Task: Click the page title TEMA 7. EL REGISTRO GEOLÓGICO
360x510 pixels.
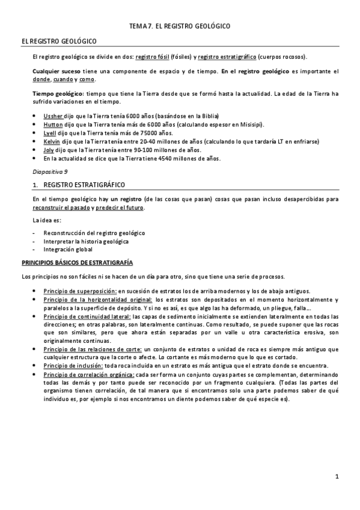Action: (x=180, y=27)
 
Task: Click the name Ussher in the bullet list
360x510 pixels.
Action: (x=52, y=115)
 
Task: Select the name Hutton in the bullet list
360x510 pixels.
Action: (x=53, y=124)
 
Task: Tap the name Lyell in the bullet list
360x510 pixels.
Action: (x=50, y=132)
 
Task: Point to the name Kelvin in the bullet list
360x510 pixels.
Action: (x=52, y=141)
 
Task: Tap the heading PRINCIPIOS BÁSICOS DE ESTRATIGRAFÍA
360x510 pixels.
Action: (x=77, y=263)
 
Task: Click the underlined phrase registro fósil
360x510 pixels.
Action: (x=151, y=57)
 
